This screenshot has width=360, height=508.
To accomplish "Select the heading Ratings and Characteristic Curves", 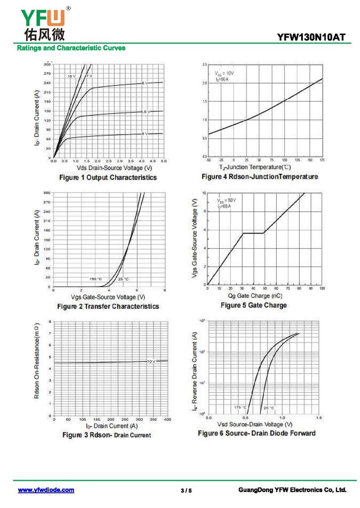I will [x=71, y=48].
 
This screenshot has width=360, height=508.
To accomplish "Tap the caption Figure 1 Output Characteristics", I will [x=108, y=178].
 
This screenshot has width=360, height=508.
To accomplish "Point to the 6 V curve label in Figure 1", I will [x=144, y=83].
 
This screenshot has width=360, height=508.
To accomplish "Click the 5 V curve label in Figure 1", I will [x=144, y=134].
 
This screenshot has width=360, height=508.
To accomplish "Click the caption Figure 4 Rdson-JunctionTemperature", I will [x=260, y=177].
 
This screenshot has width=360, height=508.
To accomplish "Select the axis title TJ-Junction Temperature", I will [x=256, y=167].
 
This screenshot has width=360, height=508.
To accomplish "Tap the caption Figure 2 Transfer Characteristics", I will [x=108, y=306].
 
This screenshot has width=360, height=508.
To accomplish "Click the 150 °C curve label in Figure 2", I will [x=95, y=279].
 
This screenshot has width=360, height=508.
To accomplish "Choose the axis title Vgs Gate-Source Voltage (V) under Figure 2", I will [x=108, y=297].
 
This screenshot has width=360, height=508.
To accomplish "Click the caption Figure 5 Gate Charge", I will [x=253, y=305].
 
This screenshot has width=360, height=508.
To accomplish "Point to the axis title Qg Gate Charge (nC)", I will [x=255, y=295].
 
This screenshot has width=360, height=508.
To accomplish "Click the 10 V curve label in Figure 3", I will [x=151, y=361].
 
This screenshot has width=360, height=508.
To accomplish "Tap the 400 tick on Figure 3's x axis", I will [x=167, y=419].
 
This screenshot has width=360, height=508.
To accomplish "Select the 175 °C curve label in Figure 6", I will [x=240, y=407].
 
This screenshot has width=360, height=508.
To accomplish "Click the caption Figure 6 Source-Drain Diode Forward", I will [x=256, y=433].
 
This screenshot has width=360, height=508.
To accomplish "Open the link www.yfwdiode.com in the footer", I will [x=46, y=490].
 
